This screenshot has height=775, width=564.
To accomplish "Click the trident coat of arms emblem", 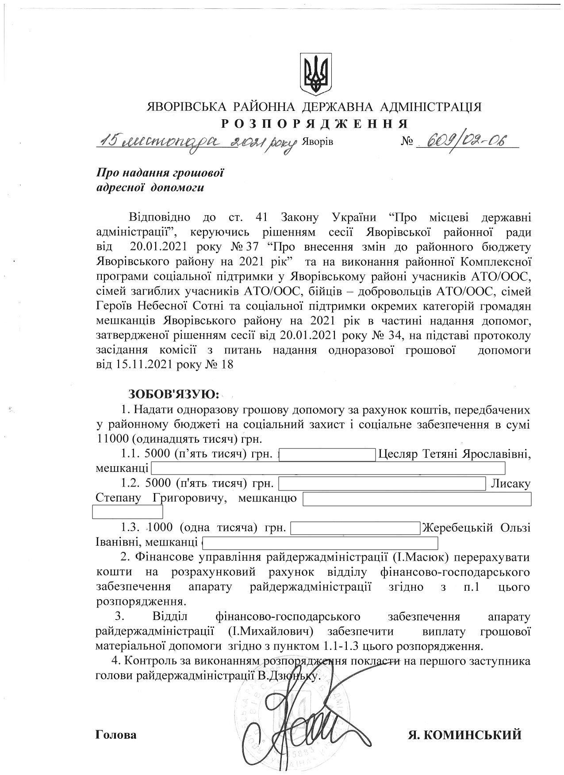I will pyautogui.click(x=315, y=74).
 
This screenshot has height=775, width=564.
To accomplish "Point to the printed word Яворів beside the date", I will pyautogui.click(x=317, y=142).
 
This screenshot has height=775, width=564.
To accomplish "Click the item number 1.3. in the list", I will pyautogui.click(x=131, y=528).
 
